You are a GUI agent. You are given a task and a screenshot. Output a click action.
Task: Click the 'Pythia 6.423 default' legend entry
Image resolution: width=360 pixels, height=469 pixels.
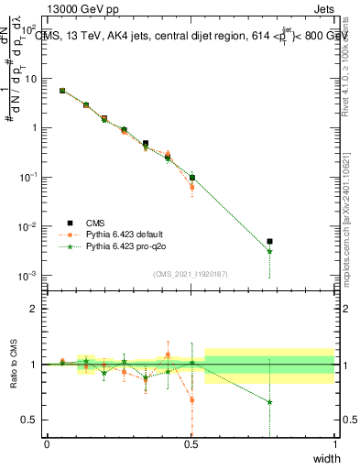coord(128,234)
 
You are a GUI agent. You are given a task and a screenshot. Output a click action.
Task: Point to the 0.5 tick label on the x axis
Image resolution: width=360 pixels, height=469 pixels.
coord(191,444)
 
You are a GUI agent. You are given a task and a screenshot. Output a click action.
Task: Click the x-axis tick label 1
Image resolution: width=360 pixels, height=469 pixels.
coord(334,444)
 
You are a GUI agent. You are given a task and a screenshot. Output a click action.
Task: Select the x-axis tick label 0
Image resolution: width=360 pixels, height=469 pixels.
coord(47,444)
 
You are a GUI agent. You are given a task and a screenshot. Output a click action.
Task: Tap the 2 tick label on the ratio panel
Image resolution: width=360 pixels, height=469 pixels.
coord(36,309)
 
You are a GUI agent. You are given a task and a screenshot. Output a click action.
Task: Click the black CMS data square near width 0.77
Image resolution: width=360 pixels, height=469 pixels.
coord(269,242)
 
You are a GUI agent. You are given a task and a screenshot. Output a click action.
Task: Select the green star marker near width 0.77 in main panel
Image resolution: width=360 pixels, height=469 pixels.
coord(269,251)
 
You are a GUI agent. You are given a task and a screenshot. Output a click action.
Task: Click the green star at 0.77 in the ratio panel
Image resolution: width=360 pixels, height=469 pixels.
coord(269,402)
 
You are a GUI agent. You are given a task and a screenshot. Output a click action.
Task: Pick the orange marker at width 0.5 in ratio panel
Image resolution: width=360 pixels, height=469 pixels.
coord(191,399)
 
